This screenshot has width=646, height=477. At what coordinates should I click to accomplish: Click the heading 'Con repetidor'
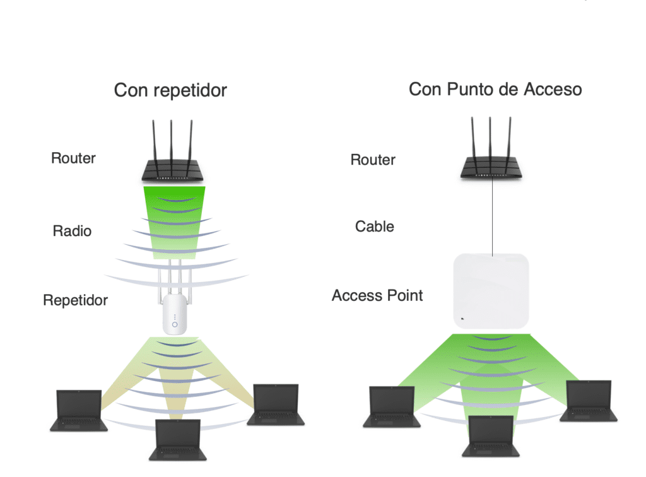(x=170, y=91)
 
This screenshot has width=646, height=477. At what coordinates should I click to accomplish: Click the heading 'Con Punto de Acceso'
(x=495, y=90)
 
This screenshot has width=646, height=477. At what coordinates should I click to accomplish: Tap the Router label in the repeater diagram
(x=73, y=158)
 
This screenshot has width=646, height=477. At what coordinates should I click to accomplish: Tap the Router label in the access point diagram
(x=373, y=160)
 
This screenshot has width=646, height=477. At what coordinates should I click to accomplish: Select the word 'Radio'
(x=72, y=231)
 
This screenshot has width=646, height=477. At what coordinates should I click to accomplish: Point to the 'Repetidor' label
(x=76, y=300)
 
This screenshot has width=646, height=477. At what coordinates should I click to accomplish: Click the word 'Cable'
(x=374, y=226)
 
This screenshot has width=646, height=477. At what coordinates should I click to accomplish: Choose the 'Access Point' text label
(x=377, y=295)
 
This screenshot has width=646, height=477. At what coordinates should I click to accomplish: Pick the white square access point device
(x=491, y=292)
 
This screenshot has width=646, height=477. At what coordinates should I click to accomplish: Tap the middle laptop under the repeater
(x=178, y=439)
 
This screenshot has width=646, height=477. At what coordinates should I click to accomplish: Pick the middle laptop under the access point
(x=491, y=436)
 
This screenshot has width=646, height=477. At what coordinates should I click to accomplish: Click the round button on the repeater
(x=175, y=324)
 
